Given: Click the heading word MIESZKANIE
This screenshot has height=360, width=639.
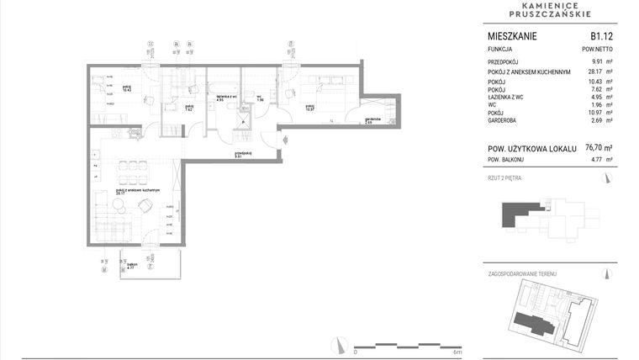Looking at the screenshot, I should pos(512,36).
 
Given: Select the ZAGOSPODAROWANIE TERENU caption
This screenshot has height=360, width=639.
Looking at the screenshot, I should pos(522,274).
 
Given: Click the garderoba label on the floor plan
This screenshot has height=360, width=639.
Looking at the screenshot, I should pos(373,119).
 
